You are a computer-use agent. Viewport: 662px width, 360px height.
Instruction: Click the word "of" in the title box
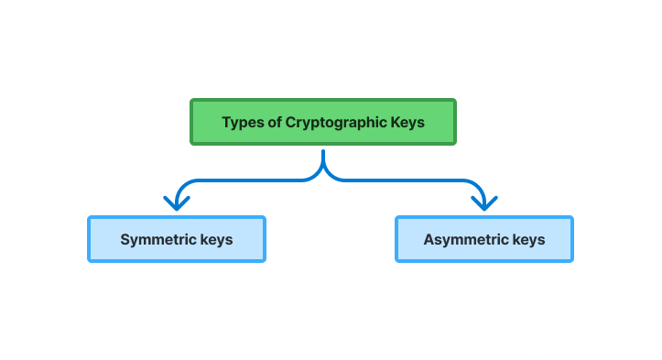(x=275, y=122)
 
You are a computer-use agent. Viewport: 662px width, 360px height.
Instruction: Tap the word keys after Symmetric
(x=216, y=240)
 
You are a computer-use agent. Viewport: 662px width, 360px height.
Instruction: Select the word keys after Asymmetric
(x=527, y=240)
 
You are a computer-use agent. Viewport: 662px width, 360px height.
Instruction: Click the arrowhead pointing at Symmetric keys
(x=175, y=202)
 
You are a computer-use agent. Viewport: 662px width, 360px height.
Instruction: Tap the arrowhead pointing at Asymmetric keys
(x=484, y=202)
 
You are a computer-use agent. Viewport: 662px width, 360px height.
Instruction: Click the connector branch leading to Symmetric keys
(x=238, y=180)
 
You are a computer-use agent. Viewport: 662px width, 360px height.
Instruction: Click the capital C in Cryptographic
(x=290, y=122)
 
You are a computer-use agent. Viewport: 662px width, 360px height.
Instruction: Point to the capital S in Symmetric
(x=125, y=240)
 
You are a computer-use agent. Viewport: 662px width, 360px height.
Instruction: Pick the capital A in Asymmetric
(x=429, y=240)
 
